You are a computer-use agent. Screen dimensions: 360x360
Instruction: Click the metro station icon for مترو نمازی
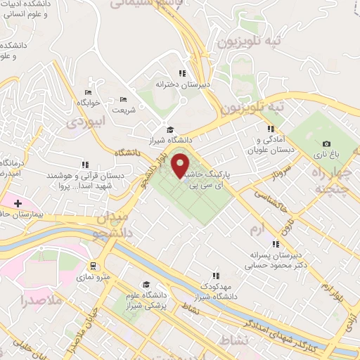coord(93,266)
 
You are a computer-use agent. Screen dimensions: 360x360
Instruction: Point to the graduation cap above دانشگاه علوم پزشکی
coord(146,285)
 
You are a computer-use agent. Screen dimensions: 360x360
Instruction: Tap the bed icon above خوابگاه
coord(88,93)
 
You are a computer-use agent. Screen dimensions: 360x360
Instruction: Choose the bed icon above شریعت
coord(124,99)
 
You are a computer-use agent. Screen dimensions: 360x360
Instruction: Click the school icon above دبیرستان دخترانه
coord(182,73)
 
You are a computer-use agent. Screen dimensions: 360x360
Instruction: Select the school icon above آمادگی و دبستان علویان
coord(271,129)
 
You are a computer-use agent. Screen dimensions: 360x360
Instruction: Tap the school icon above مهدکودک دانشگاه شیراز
coord(217,275)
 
